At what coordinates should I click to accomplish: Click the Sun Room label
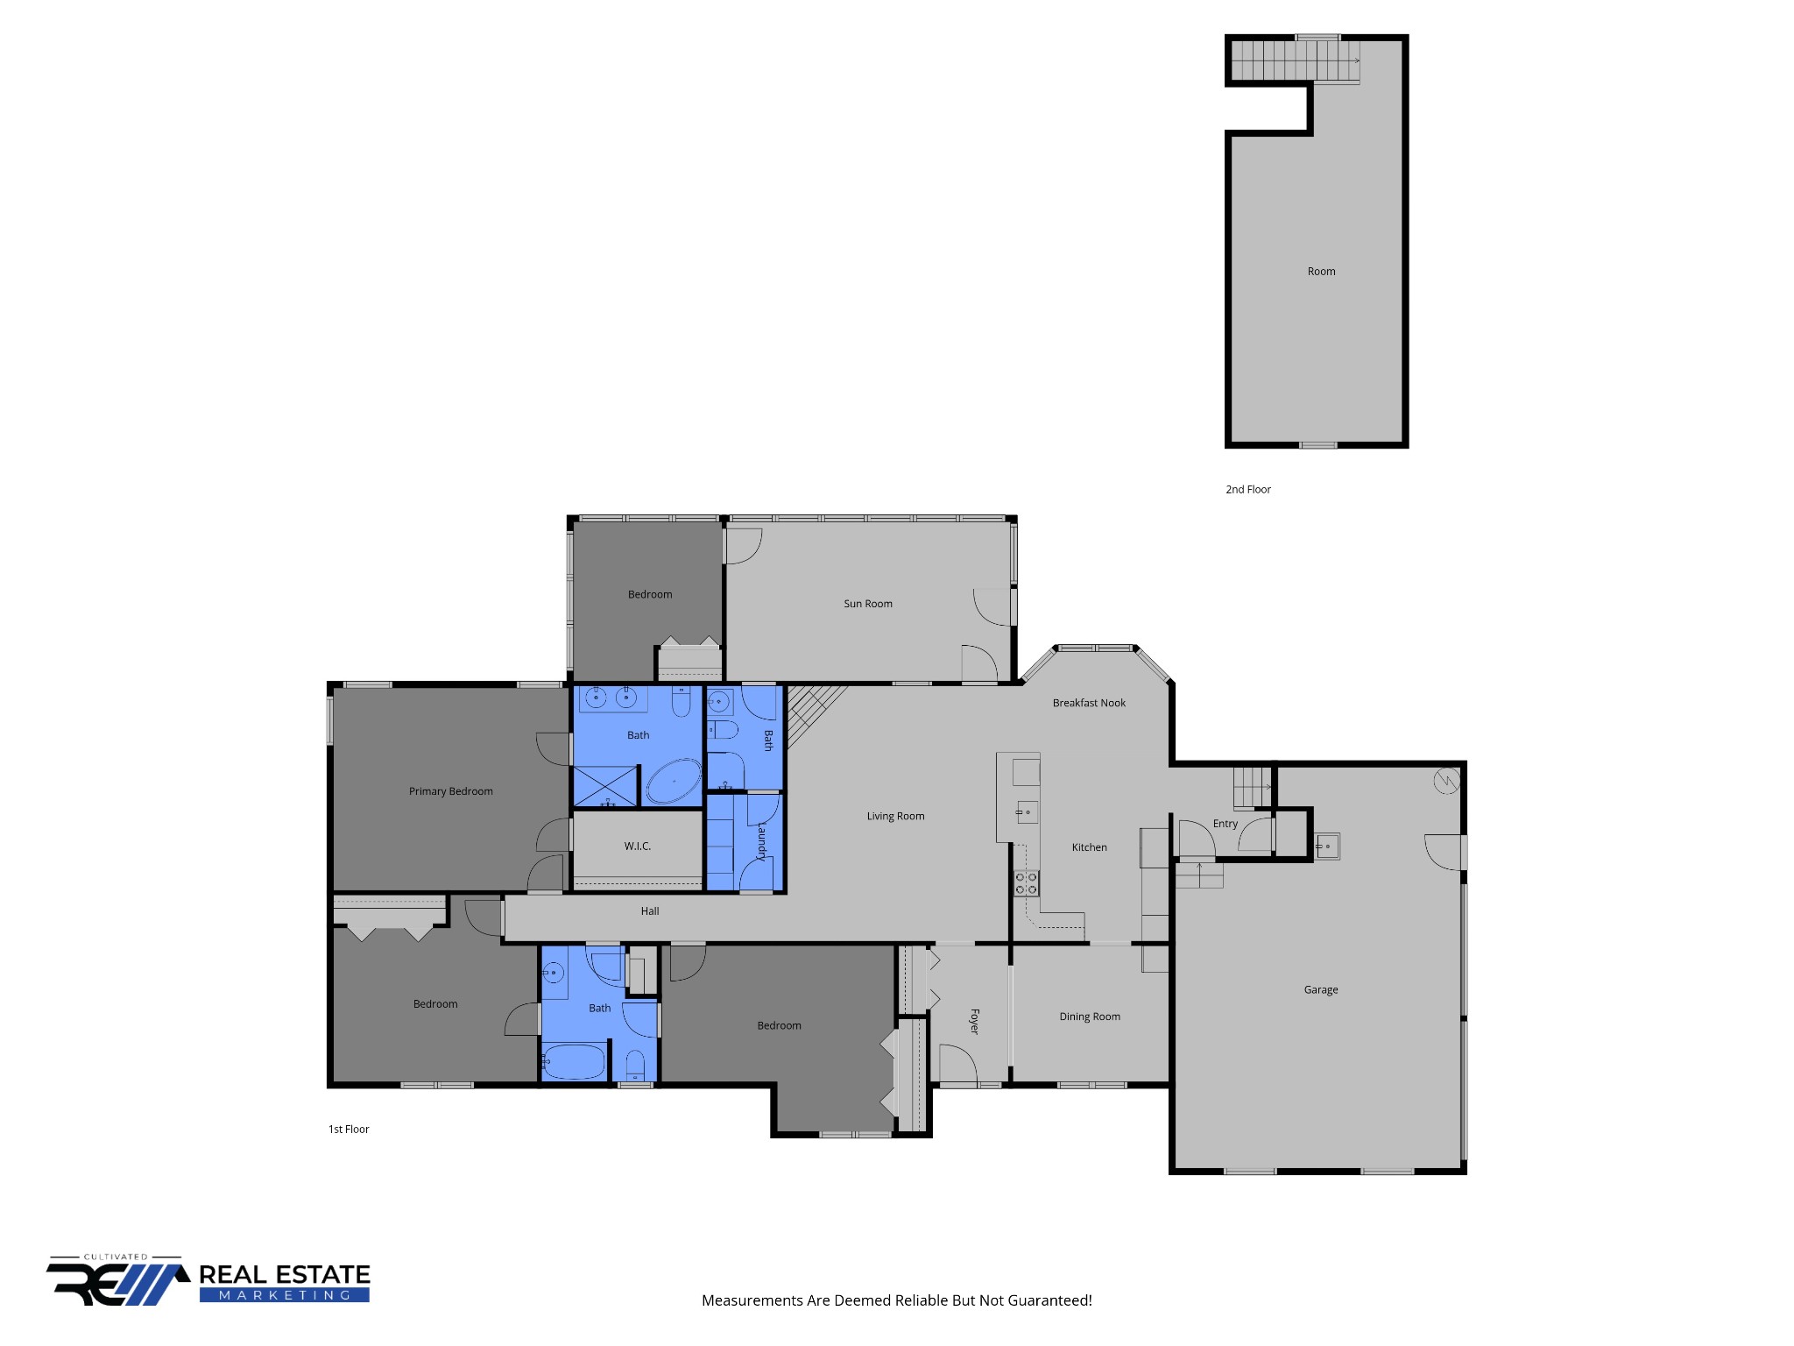tap(867, 604)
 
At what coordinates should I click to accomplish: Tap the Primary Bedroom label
tap(450, 791)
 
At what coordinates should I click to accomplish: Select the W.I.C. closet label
tap(637, 847)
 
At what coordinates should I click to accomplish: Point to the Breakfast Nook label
tap(1089, 703)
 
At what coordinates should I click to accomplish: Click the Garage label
tap(1321, 990)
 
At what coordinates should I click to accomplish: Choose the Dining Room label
tap(1090, 1017)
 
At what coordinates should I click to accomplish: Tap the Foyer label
tap(974, 1021)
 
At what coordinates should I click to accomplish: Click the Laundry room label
tap(762, 841)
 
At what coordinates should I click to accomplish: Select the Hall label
tap(649, 911)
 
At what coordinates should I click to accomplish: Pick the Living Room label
tap(895, 816)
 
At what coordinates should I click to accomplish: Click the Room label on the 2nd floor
tap(1321, 272)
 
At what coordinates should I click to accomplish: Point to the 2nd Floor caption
tap(1247, 490)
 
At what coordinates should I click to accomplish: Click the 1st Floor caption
tap(349, 1130)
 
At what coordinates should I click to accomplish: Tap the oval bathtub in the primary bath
tap(674, 782)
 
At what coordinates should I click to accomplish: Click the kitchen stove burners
tap(1026, 883)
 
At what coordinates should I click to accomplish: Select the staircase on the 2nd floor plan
tap(1296, 62)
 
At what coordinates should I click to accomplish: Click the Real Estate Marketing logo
tap(208, 1280)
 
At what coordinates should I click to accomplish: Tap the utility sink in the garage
tap(1327, 846)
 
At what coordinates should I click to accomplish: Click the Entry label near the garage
tap(1225, 824)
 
